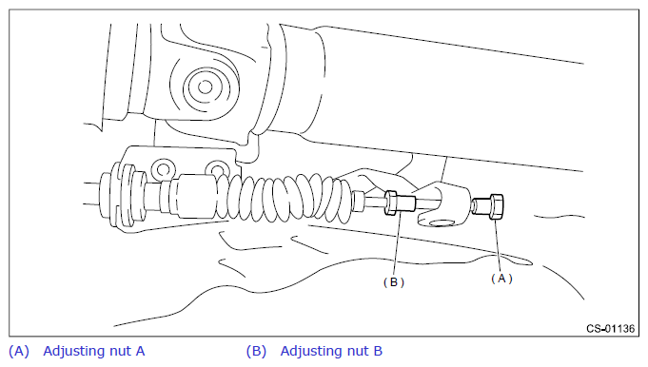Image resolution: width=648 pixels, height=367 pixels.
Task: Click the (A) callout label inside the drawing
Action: tap(501, 279)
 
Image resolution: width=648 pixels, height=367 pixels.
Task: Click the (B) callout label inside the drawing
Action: tap(394, 282)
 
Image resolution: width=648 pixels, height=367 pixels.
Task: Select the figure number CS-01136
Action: tap(610, 329)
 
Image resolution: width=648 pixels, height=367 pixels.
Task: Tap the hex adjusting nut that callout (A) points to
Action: tap(488, 206)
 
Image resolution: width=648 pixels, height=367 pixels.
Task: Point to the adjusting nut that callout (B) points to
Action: tap(400, 203)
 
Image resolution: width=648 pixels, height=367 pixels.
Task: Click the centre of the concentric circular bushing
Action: tap(205, 87)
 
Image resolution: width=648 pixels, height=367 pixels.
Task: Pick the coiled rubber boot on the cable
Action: tap(285, 198)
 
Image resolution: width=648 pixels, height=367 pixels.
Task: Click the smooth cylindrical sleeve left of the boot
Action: tap(194, 195)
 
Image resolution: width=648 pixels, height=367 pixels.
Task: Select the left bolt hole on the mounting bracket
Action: tap(163, 169)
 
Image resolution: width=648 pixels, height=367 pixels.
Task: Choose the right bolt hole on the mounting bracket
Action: tap(217, 169)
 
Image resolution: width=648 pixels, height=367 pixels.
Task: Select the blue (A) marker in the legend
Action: tap(19, 352)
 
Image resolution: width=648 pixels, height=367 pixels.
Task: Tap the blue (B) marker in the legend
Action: tap(256, 352)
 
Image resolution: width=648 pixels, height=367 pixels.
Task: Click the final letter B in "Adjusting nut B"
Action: tap(378, 351)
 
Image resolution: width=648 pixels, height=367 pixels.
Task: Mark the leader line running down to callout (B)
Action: tap(397, 243)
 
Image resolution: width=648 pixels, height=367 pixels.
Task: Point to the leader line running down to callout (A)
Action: tap(498, 245)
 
